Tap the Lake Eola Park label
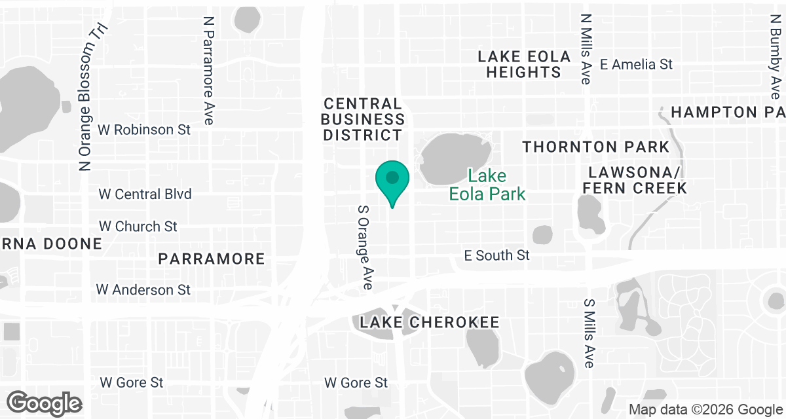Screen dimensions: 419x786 click(x=487, y=185)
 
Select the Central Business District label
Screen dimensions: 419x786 click(x=363, y=119)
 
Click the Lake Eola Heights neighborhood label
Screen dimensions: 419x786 click(x=523, y=64)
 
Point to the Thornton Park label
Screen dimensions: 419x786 click(x=595, y=147)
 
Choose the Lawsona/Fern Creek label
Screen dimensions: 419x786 click(x=637, y=180)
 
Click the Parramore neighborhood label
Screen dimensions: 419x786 click(x=212, y=259)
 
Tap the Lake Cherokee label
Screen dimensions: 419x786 click(x=430, y=322)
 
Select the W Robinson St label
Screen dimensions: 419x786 click(x=144, y=130)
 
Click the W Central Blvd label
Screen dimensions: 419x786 click(x=145, y=194)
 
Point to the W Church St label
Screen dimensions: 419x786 click(x=138, y=227)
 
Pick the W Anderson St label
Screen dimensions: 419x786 click(x=143, y=289)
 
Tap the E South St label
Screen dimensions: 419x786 click(x=496, y=255)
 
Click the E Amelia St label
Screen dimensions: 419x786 click(x=637, y=64)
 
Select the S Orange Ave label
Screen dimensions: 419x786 click(x=365, y=247)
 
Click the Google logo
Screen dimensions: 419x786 click(x=45, y=402)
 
